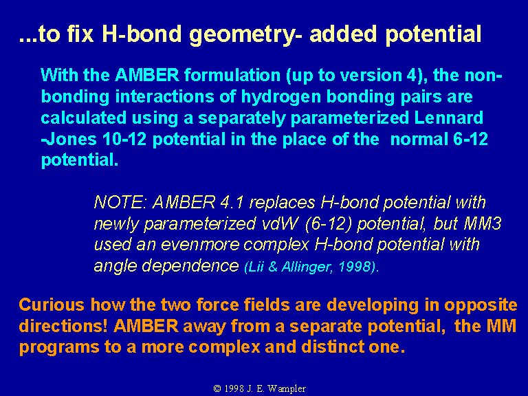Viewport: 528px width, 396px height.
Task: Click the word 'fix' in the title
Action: point(80,34)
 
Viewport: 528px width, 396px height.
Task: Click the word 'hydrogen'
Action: point(280,98)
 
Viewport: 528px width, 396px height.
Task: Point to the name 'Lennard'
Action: point(448,118)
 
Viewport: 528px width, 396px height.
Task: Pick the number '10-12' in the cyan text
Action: point(124,140)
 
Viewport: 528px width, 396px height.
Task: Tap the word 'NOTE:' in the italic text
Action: point(120,202)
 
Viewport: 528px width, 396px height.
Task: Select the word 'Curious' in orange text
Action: point(52,305)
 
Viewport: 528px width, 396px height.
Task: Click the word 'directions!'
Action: point(63,327)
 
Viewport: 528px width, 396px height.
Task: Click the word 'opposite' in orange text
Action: point(481,306)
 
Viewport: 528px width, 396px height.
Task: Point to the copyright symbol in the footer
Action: point(217,388)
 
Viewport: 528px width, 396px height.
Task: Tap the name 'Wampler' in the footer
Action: point(287,389)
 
